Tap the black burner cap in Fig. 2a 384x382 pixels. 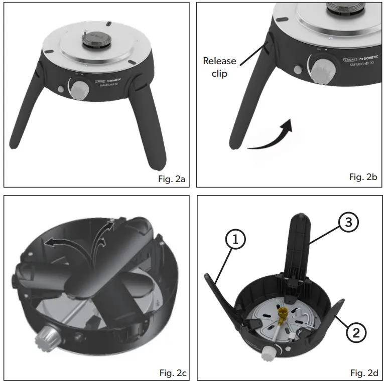click(x=96, y=39)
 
